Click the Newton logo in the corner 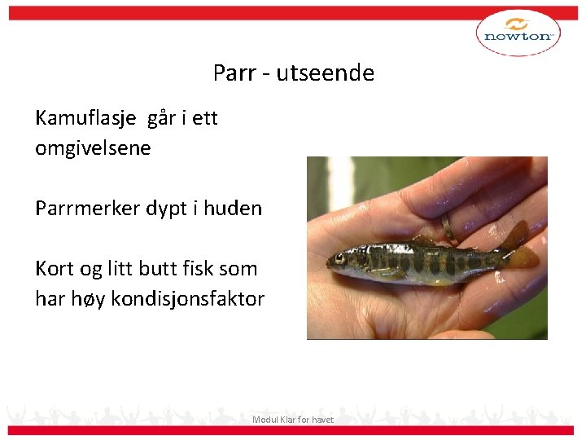[518, 34]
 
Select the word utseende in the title [325, 73]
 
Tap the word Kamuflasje [87, 119]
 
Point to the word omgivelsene [93, 149]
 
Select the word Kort [54, 269]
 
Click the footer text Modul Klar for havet [293, 420]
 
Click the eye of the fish [339, 259]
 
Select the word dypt [168, 209]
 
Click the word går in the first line [161, 119]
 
